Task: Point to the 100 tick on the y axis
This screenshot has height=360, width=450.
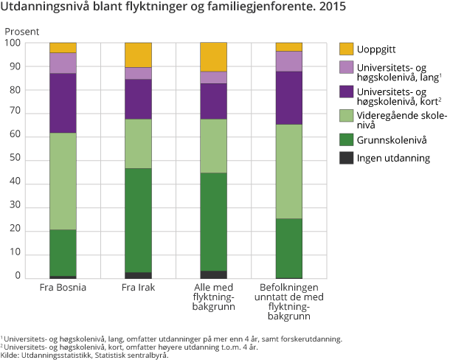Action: pyautogui.click(x=12, y=43)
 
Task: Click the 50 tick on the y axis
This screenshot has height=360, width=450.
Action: pyautogui.click(x=14, y=161)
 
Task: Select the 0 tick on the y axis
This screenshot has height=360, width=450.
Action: pyautogui.click(x=17, y=276)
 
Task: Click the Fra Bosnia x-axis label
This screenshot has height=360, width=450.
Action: pyautogui.click(x=63, y=287)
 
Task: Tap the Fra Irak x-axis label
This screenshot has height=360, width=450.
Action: pyautogui.click(x=138, y=287)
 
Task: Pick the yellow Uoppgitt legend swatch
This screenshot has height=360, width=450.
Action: pyautogui.click(x=346, y=49)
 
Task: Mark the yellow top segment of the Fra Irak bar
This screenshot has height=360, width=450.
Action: pyautogui.click(x=138, y=55)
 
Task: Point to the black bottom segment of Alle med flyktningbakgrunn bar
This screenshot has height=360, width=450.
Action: pyautogui.click(x=213, y=274)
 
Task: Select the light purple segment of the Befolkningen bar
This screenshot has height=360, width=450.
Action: pyautogui.click(x=288, y=60)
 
